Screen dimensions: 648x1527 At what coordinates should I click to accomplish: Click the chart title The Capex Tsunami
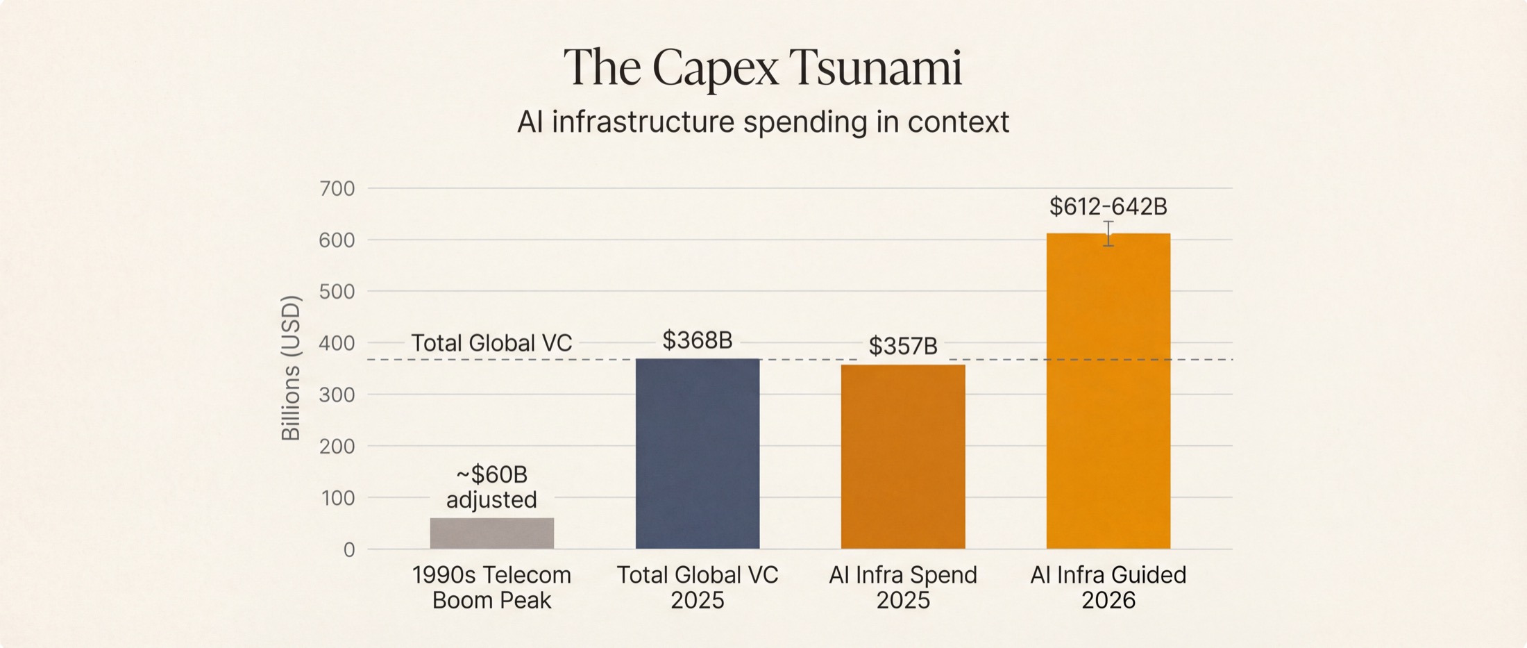tap(762, 67)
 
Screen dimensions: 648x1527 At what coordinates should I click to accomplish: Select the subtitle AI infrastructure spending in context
tap(762, 122)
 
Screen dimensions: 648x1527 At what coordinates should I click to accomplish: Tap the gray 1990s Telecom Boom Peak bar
tap(491, 533)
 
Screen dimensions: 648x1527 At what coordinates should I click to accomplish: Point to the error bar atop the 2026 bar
tap(1108, 233)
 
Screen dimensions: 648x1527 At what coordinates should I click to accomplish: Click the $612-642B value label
tap(1108, 206)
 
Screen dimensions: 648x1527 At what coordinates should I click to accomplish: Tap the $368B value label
tap(697, 340)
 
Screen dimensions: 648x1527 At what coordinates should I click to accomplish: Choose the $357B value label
tap(902, 346)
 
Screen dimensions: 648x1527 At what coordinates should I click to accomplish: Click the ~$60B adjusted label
tap(491, 487)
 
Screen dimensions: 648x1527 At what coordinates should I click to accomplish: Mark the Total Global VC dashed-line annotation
tap(491, 343)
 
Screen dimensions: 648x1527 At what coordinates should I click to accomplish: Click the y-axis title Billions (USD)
tap(291, 368)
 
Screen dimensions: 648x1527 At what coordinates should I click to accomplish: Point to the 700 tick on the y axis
tap(337, 188)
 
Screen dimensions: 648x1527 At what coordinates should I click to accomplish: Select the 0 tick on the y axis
tap(348, 550)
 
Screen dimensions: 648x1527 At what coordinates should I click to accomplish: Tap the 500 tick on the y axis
tap(337, 292)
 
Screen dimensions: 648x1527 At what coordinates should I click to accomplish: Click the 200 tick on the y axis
tap(337, 447)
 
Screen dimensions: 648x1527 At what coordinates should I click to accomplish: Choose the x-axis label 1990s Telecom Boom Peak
tap(491, 588)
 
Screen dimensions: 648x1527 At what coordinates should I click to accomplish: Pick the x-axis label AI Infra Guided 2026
tap(1108, 588)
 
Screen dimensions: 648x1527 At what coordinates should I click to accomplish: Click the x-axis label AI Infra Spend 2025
tap(902, 588)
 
